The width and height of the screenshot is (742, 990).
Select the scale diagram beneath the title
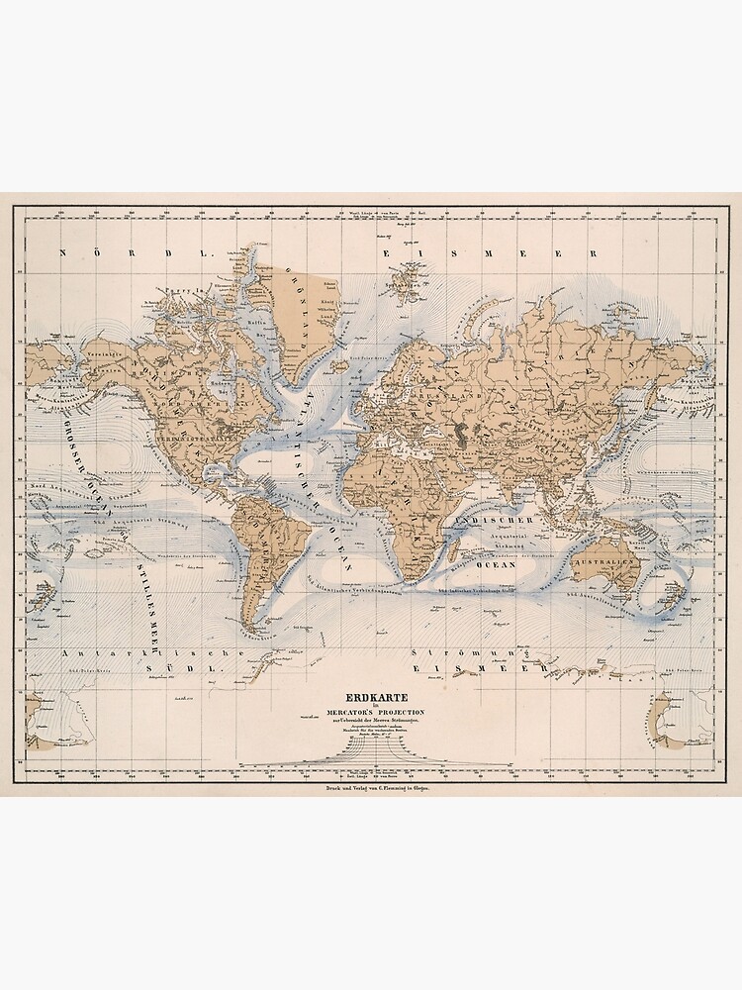[x=370, y=754]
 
